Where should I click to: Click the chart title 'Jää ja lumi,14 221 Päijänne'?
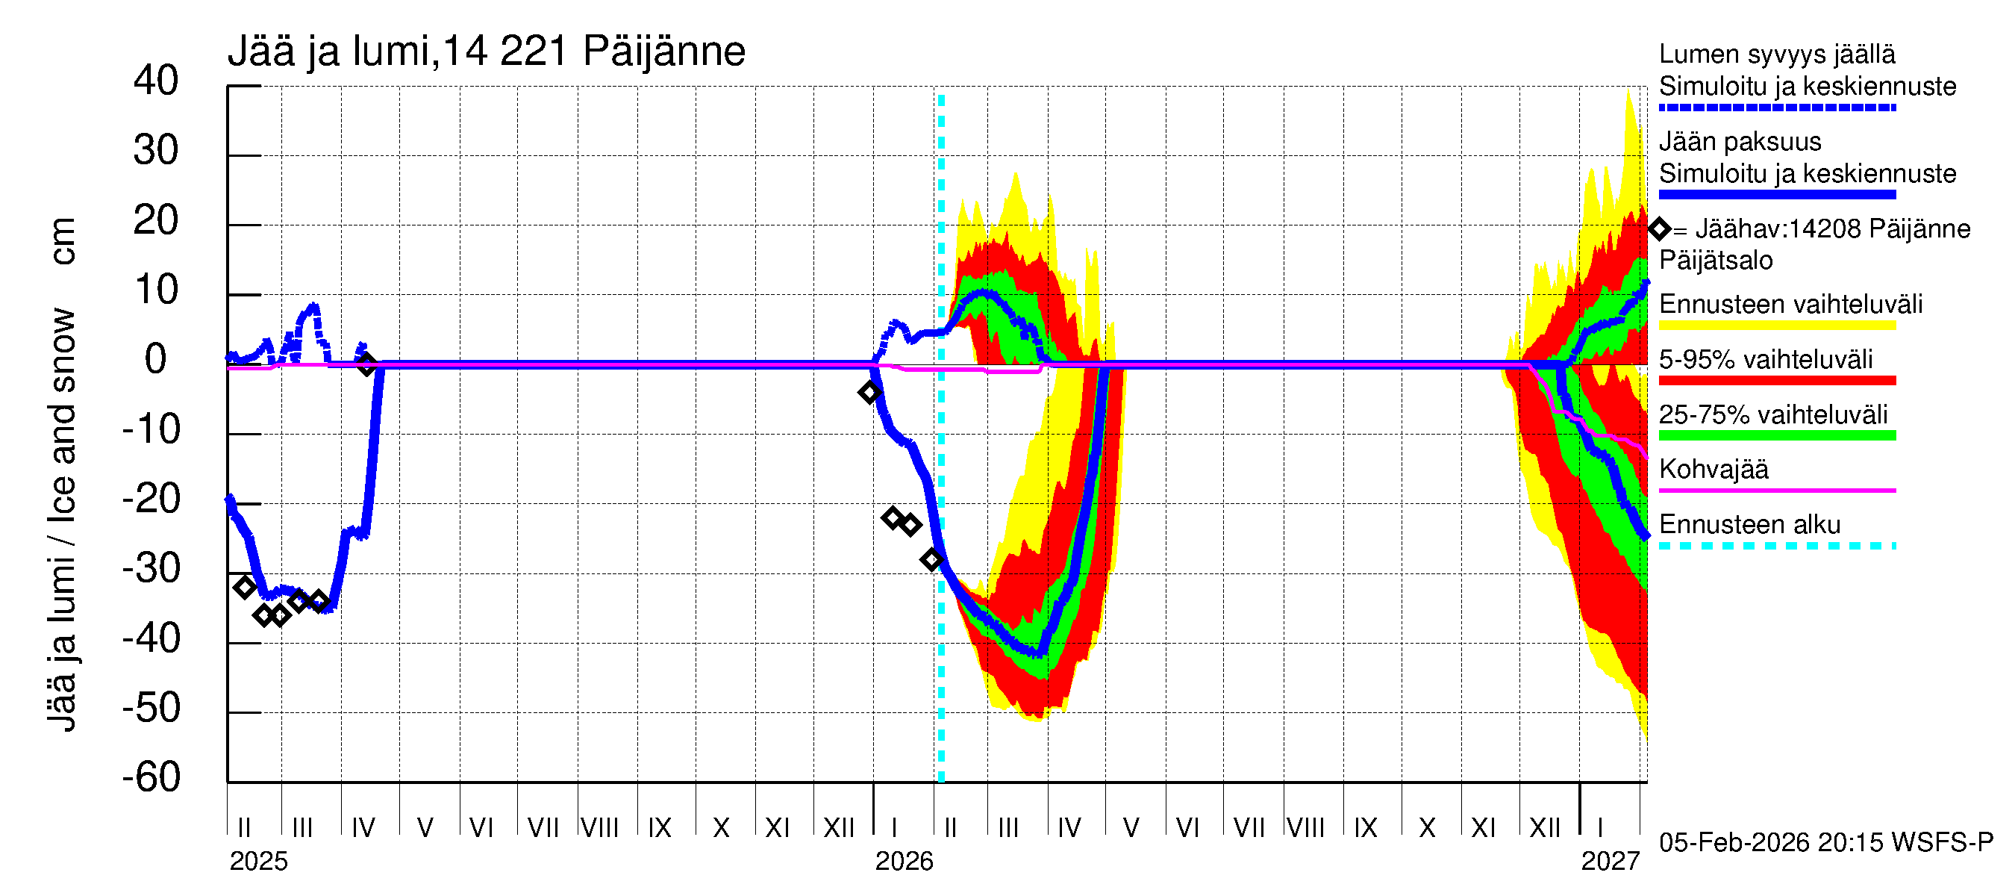(486, 52)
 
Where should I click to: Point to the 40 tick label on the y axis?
(156, 81)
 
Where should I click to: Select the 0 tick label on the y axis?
(156, 359)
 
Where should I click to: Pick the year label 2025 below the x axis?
(258, 861)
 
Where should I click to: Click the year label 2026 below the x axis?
(904, 861)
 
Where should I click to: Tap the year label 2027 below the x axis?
(1609, 861)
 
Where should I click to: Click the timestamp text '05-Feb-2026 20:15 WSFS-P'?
(1825, 842)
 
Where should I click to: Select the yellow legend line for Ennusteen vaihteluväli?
(1776, 326)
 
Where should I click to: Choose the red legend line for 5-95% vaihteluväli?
(1776, 380)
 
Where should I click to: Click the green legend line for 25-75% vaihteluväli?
(1776, 436)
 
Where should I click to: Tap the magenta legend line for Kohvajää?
(1776, 491)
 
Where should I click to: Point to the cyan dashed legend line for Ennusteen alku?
(1776, 545)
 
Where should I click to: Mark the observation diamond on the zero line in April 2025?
(366, 364)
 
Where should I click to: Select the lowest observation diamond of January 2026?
(931, 559)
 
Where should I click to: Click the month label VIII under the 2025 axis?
(600, 827)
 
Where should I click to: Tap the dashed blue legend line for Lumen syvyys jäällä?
(1776, 108)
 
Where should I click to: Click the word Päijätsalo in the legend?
(1716, 261)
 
